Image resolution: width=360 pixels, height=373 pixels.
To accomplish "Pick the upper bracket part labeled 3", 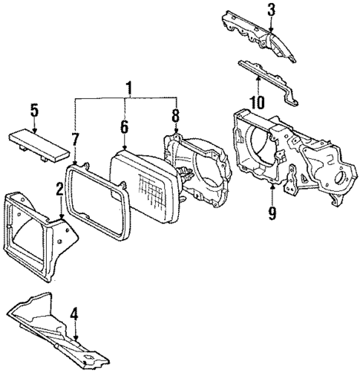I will pyautogui.click(x=256, y=37).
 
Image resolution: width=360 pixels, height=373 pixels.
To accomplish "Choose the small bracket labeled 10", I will pyautogui.click(x=267, y=80).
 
